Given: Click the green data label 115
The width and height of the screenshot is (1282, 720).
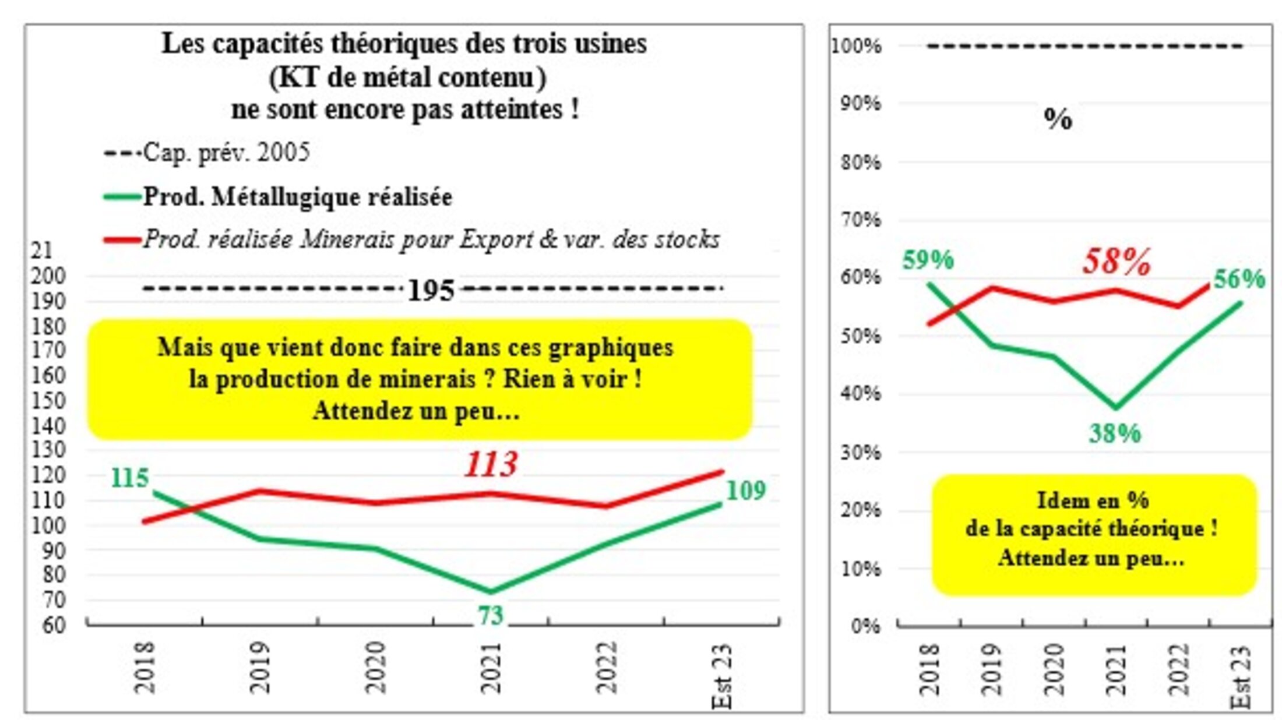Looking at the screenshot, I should (129, 478).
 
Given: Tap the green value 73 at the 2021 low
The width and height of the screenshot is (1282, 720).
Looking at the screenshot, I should (490, 616).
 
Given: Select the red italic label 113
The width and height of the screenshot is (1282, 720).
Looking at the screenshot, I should (491, 464).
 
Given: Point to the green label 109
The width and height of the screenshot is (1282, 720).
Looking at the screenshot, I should (745, 491).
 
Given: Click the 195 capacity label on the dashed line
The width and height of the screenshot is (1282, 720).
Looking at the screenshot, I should (431, 290).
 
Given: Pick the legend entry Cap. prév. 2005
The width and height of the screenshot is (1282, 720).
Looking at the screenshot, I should (226, 153).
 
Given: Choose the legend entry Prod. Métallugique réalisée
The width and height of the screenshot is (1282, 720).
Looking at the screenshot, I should (297, 197).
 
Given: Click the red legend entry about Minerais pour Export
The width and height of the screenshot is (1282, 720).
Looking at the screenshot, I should (431, 239).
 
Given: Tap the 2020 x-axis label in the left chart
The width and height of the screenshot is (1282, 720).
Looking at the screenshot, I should (376, 667).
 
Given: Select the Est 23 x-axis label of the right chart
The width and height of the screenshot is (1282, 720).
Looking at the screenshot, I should (1241, 676).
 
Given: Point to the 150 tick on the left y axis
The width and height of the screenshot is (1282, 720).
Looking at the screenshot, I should (48, 401).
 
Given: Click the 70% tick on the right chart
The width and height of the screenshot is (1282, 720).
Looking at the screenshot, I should (860, 220).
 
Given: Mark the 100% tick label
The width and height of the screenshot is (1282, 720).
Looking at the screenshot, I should (856, 46).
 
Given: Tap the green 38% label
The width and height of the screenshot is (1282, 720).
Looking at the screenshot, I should (1115, 433).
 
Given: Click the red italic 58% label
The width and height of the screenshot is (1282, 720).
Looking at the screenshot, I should (1117, 262).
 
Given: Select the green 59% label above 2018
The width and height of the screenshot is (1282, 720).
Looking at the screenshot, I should (928, 260).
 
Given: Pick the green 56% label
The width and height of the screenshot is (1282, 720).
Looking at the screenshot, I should (1239, 280).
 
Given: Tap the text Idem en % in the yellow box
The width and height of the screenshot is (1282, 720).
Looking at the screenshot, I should (1093, 500).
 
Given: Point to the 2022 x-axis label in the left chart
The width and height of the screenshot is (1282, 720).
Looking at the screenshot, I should (606, 667).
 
